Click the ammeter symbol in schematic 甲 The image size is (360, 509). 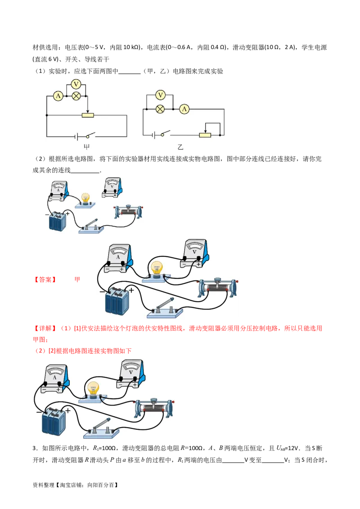[58, 95]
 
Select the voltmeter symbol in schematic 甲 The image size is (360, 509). [76, 84]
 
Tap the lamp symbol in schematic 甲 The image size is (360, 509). [76, 95]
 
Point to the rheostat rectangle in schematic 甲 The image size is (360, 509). [88, 115]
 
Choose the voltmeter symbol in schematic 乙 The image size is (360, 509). [160, 95]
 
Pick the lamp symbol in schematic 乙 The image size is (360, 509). [160, 109]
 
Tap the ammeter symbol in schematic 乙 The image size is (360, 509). [184, 109]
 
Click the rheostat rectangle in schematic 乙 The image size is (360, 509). [205, 134]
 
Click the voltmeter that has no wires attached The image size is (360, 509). [111, 188]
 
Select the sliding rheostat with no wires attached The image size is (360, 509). [128, 211]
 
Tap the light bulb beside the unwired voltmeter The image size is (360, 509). [85, 199]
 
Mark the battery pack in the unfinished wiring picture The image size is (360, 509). [58, 221]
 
